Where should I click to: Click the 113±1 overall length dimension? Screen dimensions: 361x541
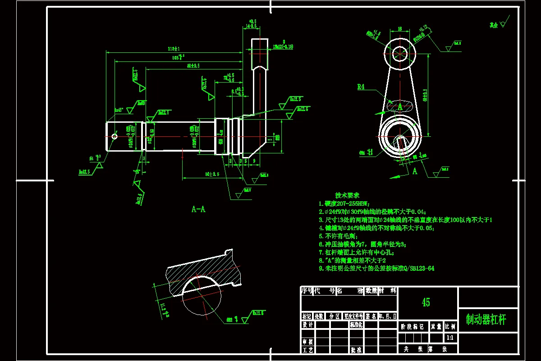click(x=174, y=49)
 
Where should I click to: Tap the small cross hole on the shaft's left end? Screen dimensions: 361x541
click(x=114, y=136)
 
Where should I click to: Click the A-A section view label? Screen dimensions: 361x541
click(x=198, y=209)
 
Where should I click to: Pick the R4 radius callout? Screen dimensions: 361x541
click(x=361, y=87)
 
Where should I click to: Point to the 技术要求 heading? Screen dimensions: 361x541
click(x=347, y=195)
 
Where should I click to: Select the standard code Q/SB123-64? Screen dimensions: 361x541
click(x=419, y=268)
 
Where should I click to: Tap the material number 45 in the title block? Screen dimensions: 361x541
click(x=426, y=302)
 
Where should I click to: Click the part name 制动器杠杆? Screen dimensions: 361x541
click(x=486, y=320)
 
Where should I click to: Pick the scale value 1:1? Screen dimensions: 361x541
click(x=449, y=338)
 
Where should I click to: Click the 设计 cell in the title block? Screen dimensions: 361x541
click(x=307, y=325)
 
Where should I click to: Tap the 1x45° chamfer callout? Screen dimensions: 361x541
click(x=119, y=110)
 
